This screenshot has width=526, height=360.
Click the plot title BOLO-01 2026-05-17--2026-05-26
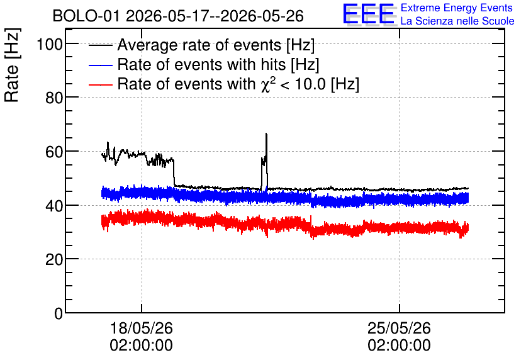(178, 16)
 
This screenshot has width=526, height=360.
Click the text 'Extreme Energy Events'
(457, 8)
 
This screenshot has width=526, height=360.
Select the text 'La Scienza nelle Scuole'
(457, 21)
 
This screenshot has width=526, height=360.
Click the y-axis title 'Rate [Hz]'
(12, 65)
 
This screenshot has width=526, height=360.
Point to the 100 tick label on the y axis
(50, 44)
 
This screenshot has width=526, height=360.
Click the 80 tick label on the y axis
(54, 98)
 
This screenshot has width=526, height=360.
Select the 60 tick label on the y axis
(54, 152)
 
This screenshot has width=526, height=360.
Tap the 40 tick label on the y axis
(54, 206)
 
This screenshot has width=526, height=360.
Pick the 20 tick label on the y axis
(54, 260)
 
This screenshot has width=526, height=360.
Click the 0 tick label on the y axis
(59, 313)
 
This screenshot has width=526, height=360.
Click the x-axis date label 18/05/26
(141, 328)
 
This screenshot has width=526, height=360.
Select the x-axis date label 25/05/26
(399, 328)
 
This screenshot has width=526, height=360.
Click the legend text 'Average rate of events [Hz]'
(216, 45)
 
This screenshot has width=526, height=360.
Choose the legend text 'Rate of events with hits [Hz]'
(218, 64)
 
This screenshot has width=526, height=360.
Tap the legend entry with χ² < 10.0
(238, 84)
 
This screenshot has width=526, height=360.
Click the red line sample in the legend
(101, 84)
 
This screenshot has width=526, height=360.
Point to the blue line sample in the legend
(101, 65)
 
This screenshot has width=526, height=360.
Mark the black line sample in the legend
(101, 45)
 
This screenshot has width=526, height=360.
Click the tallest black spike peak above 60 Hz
(266, 134)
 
